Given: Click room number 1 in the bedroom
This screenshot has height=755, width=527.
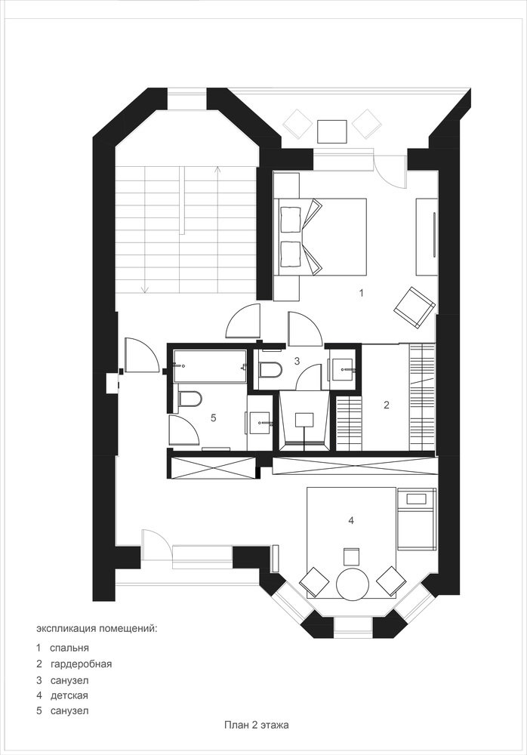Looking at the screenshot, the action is (x=362, y=292).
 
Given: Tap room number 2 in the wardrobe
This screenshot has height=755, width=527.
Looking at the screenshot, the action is (x=387, y=405).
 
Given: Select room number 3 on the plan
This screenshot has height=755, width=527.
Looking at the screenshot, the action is (x=297, y=360).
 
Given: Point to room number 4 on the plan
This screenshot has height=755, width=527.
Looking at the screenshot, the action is (x=351, y=520).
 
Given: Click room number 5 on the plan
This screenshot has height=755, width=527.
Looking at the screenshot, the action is (x=214, y=418).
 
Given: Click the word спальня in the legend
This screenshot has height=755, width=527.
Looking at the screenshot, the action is (x=69, y=648).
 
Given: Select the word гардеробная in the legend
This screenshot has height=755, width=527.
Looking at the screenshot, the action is (x=81, y=664).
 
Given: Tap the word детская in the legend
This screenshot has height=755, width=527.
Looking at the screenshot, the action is (x=69, y=695).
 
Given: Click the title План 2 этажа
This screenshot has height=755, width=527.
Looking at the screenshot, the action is (x=256, y=725).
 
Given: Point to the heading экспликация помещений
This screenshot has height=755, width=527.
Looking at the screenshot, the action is (x=97, y=629).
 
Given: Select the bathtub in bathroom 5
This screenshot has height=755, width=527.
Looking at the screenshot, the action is (x=211, y=366).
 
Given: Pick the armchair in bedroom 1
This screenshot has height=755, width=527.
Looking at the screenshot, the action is (x=415, y=308).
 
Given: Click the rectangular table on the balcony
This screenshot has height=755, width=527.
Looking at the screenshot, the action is (x=332, y=131).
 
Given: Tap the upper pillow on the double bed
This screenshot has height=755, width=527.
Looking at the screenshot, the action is (x=291, y=216).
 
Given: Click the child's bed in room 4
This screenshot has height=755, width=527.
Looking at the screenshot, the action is (x=416, y=519).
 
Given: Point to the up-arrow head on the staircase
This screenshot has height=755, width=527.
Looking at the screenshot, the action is (x=218, y=169).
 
